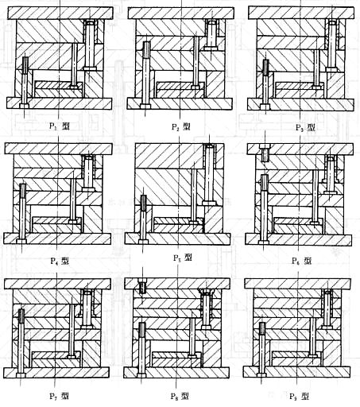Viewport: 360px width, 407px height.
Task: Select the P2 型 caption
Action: [x=181, y=126]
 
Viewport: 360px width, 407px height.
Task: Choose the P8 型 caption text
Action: [x=181, y=395]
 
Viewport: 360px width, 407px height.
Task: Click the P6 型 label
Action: [x=301, y=260]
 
